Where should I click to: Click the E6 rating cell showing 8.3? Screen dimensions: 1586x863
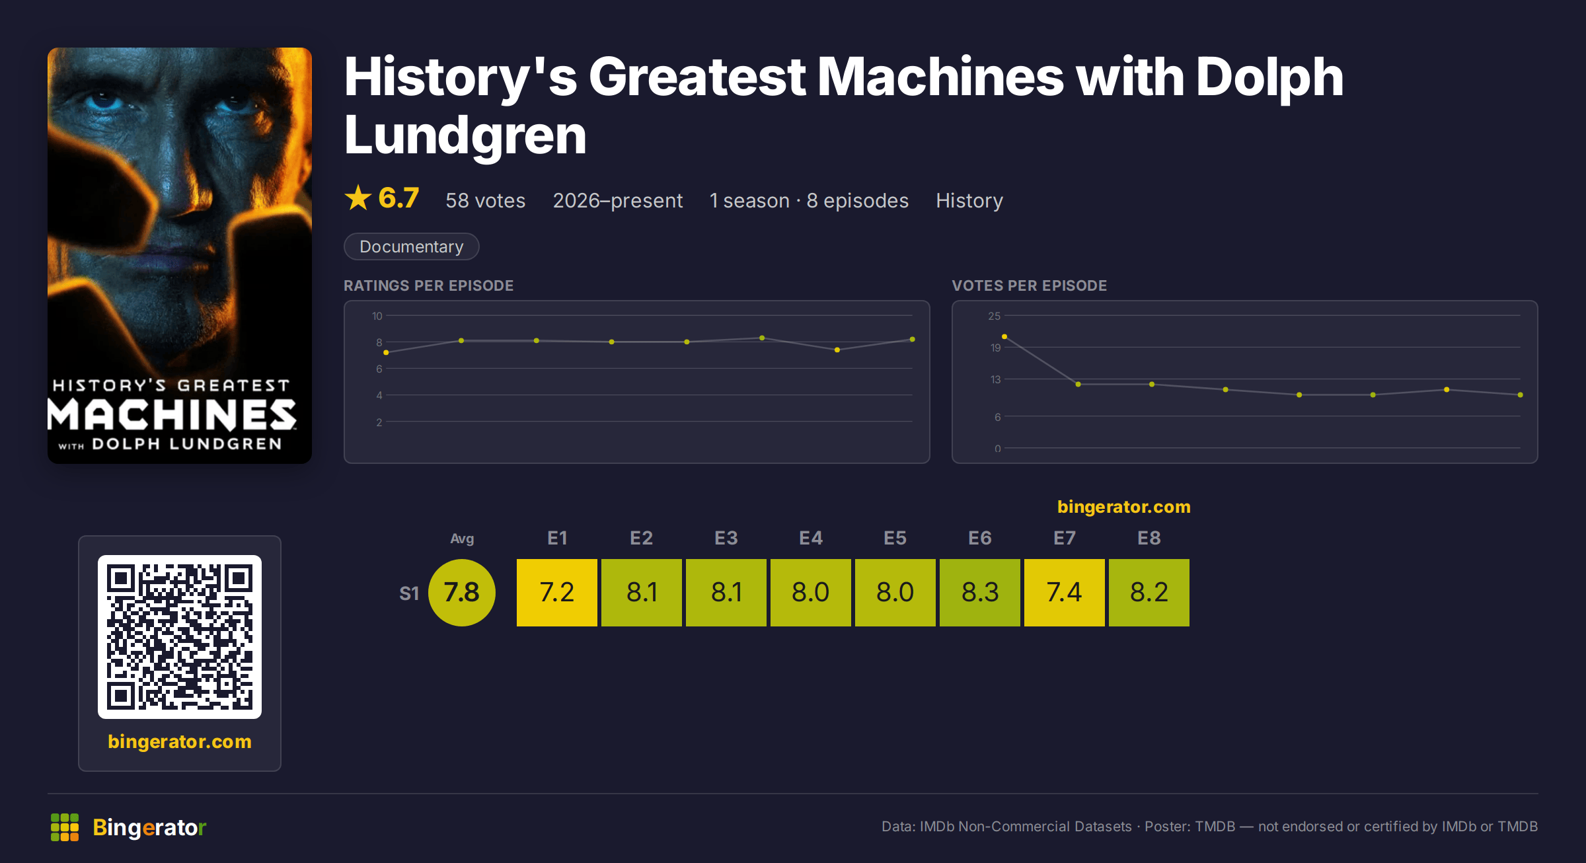click(x=980, y=592)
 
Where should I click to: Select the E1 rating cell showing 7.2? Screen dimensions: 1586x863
click(x=557, y=592)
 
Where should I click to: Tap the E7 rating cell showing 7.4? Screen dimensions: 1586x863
click(x=1065, y=592)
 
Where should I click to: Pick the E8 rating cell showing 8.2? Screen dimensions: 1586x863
click(x=1149, y=592)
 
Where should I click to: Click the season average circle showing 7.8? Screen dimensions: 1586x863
click(x=462, y=592)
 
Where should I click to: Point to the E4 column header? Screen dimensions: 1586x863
click(x=811, y=538)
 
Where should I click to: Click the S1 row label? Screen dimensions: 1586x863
click(x=409, y=593)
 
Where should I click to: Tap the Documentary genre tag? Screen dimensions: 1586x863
click(x=412, y=246)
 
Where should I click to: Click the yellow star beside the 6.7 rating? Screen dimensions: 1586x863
click(x=358, y=198)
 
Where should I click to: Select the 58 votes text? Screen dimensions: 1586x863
click(x=486, y=200)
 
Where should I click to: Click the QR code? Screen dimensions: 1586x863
click(x=180, y=637)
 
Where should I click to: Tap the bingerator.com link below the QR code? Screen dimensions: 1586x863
click(x=180, y=741)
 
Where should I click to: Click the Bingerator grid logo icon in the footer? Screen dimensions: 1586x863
click(x=65, y=827)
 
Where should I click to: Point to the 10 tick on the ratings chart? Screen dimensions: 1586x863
click(x=377, y=316)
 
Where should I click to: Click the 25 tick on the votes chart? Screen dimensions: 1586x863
click(x=995, y=316)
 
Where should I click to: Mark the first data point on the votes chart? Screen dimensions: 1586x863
click(x=1004, y=337)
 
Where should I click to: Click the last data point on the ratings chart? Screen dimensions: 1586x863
click(x=913, y=340)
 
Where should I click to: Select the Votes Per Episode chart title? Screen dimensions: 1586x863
click(x=1030, y=285)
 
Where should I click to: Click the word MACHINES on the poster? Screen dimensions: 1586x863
click(x=172, y=414)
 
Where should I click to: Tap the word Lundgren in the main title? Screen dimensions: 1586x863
click(x=465, y=135)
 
